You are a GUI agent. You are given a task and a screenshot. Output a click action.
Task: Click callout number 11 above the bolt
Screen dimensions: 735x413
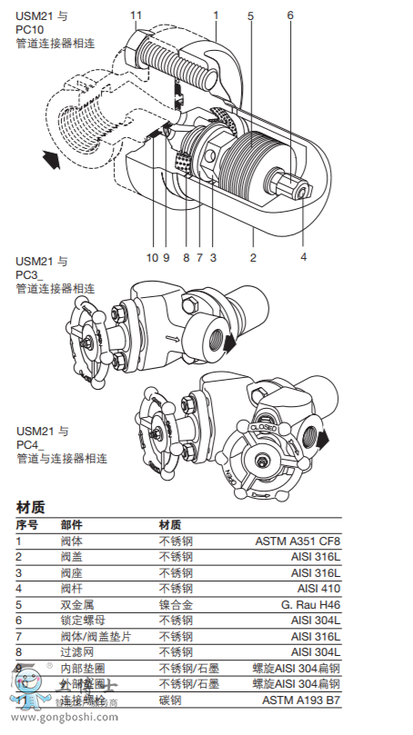click(136, 15)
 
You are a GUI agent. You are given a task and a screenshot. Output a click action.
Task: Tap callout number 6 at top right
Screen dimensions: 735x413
click(290, 15)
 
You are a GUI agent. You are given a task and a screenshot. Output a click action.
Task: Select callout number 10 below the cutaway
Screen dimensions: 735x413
click(151, 257)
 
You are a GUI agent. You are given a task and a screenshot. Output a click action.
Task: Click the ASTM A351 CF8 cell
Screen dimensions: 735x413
click(303, 541)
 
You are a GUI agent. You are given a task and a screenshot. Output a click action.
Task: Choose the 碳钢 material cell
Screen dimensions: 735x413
click(170, 700)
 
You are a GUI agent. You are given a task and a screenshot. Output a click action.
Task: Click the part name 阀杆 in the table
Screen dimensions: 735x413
click(72, 589)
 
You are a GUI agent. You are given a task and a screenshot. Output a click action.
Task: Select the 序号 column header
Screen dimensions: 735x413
click(26, 525)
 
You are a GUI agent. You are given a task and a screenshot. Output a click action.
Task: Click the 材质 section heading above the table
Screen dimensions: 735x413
click(30, 507)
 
